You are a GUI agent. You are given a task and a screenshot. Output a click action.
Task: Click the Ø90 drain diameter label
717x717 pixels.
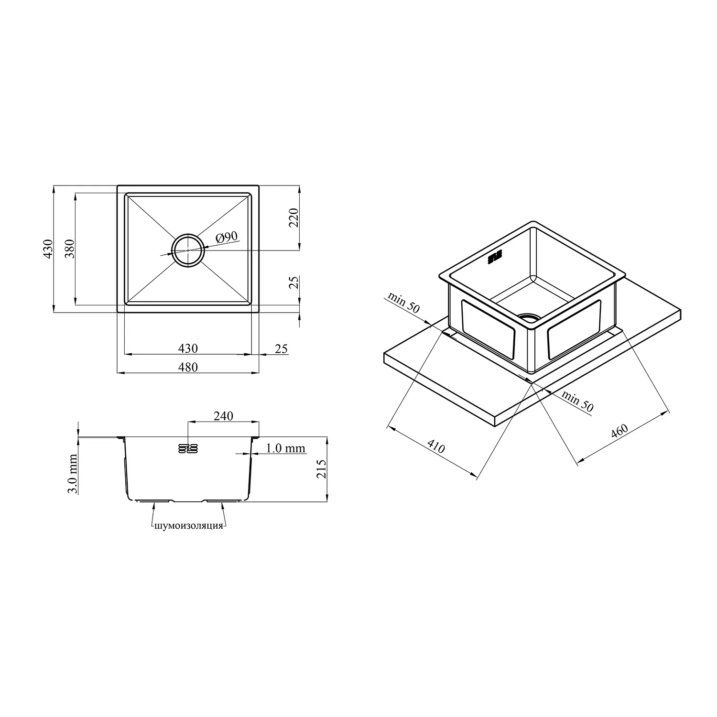226,237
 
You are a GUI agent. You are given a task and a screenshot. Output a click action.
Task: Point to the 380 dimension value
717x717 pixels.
70,248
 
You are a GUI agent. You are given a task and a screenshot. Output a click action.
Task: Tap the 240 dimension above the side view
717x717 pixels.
223,416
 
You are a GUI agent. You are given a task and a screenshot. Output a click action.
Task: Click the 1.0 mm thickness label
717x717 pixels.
285,448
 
